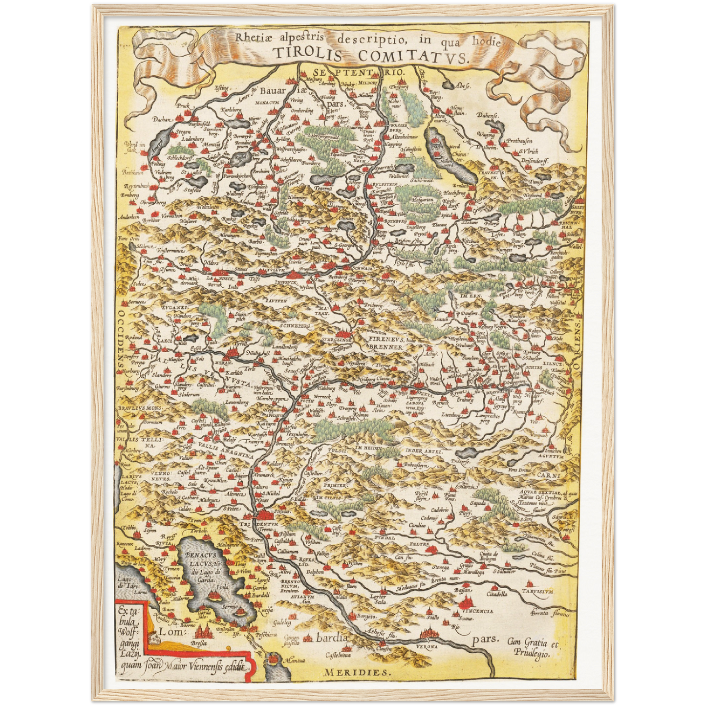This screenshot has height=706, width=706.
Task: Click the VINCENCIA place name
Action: (476, 611)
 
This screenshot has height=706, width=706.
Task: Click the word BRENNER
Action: (385, 347)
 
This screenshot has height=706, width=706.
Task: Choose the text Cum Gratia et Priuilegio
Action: (533, 648)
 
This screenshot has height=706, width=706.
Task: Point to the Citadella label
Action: (496, 594)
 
